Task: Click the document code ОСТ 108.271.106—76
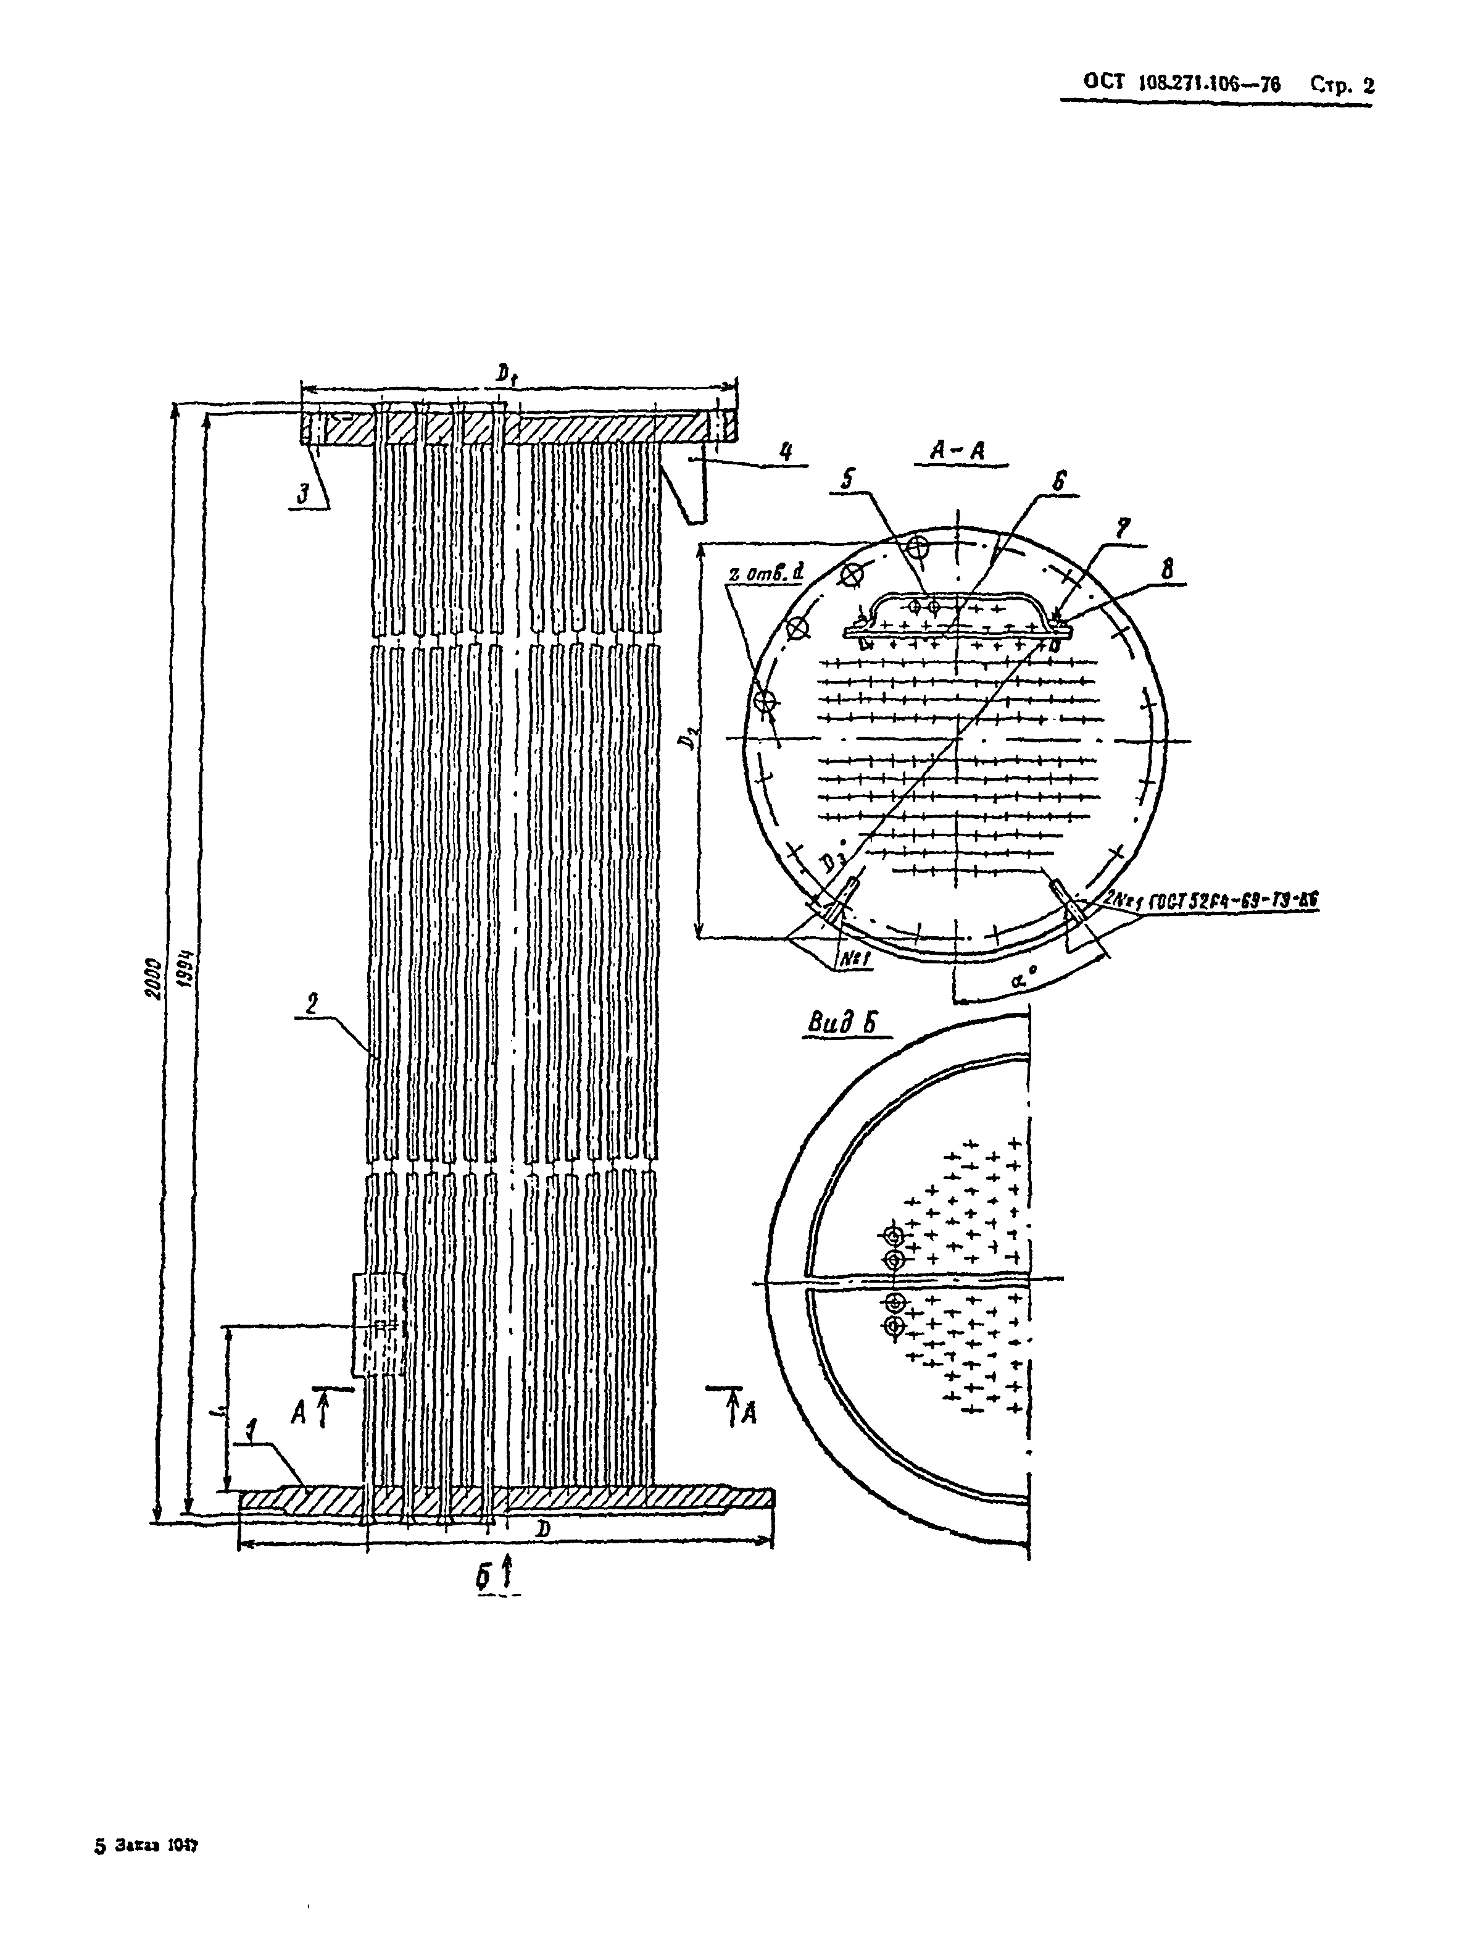[x=1182, y=84]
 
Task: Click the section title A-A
[x=960, y=450]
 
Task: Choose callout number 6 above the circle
[x=1060, y=482]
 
